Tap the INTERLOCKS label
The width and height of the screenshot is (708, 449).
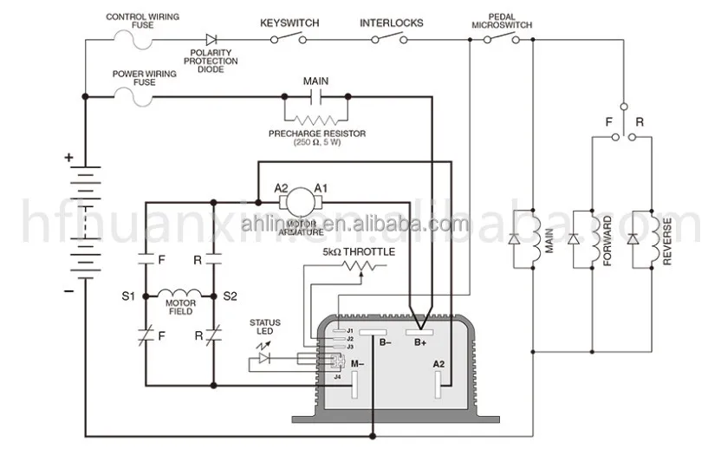point(392,22)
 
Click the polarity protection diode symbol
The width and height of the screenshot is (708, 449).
point(211,39)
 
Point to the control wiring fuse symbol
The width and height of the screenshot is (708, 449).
point(130,38)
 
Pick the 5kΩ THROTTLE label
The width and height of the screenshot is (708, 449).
point(359,251)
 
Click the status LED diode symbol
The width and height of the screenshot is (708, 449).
point(265,357)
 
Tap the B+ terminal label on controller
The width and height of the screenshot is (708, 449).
point(420,343)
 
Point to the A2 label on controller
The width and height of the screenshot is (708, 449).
point(438,364)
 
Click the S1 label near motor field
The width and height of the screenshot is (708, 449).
point(127,296)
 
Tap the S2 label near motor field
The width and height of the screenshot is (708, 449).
point(230,296)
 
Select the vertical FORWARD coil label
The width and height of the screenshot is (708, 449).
point(608,240)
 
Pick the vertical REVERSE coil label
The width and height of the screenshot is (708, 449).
point(667,240)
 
